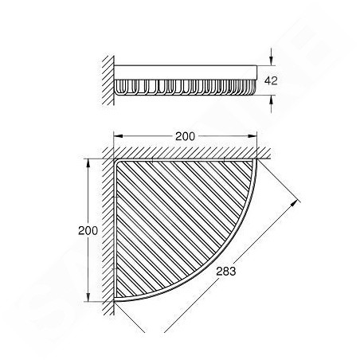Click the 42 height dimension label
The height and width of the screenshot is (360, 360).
271,80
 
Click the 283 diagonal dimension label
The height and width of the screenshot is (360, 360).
225,272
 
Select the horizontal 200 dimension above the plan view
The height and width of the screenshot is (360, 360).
186,136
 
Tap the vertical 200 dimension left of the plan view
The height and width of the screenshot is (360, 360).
88,230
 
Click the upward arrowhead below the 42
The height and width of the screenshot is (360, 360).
271,99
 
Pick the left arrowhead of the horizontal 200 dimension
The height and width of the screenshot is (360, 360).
118,136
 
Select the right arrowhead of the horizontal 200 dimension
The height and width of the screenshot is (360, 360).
252,136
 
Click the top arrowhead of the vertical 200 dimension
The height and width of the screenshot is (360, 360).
88,163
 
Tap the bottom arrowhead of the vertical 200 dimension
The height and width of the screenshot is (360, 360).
88,297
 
